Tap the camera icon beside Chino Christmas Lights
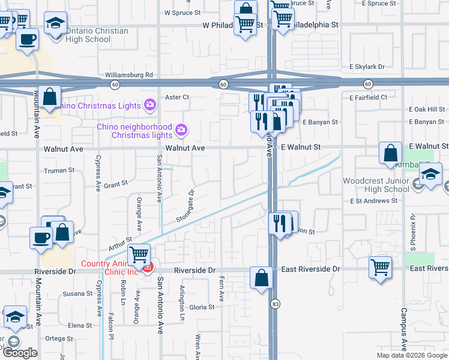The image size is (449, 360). [150, 106]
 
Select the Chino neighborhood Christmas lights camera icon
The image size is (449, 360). [180, 130]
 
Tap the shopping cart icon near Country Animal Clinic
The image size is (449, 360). [139, 255]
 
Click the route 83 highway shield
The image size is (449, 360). [274, 304]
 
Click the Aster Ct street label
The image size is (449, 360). [177, 97]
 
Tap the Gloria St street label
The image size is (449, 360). [202, 307]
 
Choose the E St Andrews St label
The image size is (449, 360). [375, 201]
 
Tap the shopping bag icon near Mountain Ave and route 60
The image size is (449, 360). [51, 97]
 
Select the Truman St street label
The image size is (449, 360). [59, 170]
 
